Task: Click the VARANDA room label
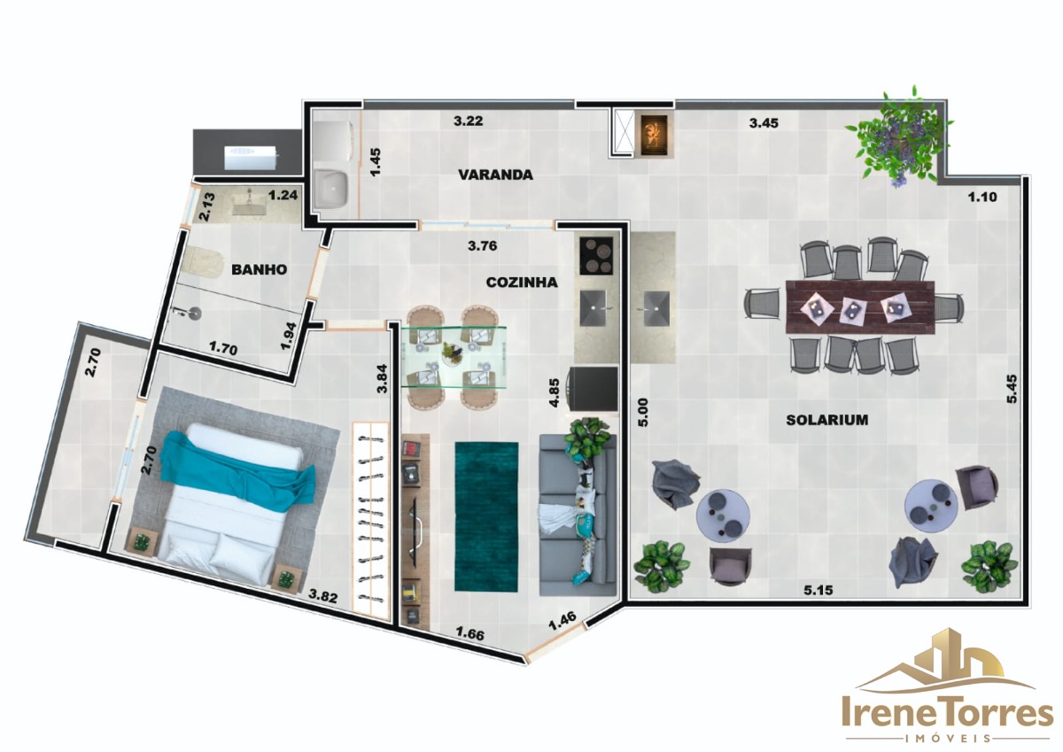coord(495,174)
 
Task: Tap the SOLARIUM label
coord(827,420)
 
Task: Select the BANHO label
coord(259,270)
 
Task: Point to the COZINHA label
coord(522,283)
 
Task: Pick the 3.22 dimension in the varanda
coord(468,121)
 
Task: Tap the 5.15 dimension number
coord(819,590)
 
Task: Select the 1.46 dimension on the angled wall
coord(563,622)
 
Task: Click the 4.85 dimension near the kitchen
coord(554,392)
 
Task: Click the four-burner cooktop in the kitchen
coord(596,255)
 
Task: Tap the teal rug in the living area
coord(486,516)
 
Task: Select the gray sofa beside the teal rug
coord(578,516)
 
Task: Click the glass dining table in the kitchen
coord(454,357)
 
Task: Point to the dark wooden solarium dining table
coord(860,307)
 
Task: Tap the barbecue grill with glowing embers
coord(655,135)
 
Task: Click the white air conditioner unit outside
coord(250,158)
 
